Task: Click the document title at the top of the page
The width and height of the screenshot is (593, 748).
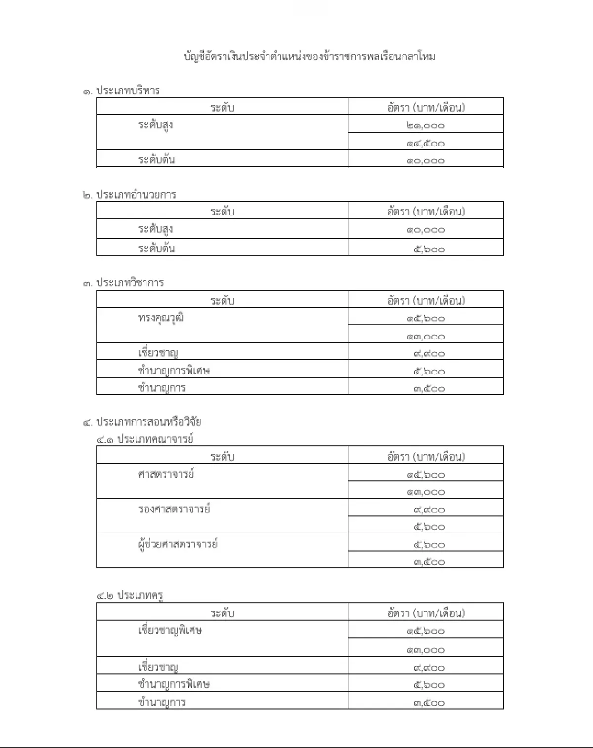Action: (x=309, y=56)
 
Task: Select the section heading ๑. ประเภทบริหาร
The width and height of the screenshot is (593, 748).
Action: (x=122, y=91)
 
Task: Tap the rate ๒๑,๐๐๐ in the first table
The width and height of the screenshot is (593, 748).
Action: (x=425, y=125)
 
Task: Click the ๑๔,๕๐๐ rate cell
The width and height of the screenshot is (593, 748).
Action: (x=425, y=143)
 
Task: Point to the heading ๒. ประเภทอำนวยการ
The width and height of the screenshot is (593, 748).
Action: (x=129, y=195)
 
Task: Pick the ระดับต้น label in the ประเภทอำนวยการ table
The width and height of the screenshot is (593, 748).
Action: (x=156, y=248)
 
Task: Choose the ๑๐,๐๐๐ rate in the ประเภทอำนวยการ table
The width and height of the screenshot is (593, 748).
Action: (x=425, y=230)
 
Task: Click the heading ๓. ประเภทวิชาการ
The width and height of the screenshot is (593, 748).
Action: (x=124, y=283)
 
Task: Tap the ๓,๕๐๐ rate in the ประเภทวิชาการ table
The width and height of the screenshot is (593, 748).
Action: (x=429, y=389)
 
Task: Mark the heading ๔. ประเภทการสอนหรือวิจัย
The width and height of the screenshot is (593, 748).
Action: (x=142, y=422)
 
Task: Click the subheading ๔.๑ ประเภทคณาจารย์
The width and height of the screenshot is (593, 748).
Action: (x=145, y=439)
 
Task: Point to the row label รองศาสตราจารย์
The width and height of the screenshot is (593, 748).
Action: (x=174, y=509)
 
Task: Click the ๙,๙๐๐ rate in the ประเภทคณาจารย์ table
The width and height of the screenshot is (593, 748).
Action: (x=429, y=509)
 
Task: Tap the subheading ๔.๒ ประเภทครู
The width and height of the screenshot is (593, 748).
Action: (x=130, y=595)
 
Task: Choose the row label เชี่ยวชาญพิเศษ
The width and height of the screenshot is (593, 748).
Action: (x=170, y=630)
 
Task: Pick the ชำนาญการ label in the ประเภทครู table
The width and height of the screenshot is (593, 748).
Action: (x=162, y=702)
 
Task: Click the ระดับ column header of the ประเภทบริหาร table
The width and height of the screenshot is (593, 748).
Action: (x=222, y=108)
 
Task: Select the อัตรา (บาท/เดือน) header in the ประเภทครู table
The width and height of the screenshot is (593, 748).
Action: (x=425, y=613)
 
